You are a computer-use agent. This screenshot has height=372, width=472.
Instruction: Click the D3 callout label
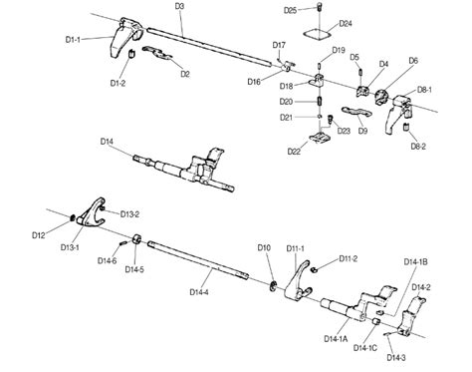click(x=179, y=6)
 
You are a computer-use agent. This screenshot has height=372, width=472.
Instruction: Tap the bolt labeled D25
click(x=320, y=6)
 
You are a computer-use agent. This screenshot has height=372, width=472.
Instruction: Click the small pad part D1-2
click(x=131, y=53)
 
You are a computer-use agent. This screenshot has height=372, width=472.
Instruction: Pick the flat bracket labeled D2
click(x=157, y=53)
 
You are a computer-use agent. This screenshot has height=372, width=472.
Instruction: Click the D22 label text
click(x=294, y=152)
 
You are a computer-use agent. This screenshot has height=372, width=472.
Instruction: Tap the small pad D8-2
click(x=405, y=127)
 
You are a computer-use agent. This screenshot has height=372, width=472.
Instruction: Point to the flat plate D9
click(x=357, y=112)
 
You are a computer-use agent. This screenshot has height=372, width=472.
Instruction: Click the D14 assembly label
click(x=107, y=142)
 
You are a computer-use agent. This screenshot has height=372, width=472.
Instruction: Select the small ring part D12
click(x=72, y=217)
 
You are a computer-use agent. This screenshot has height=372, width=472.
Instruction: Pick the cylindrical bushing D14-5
click(x=136, y=239)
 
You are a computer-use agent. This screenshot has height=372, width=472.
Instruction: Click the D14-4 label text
click(x=199, y=292)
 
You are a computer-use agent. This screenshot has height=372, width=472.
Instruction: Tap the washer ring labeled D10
click(x=274, y=286)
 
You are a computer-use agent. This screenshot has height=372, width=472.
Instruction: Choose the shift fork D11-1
click(x=298, y=281)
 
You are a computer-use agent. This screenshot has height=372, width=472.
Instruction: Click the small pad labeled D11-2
click(x=313, y=269)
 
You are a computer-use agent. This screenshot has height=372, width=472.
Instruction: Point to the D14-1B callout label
click(x=415, y=262)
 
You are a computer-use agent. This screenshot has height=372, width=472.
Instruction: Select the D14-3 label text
click(x=396, y=358)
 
